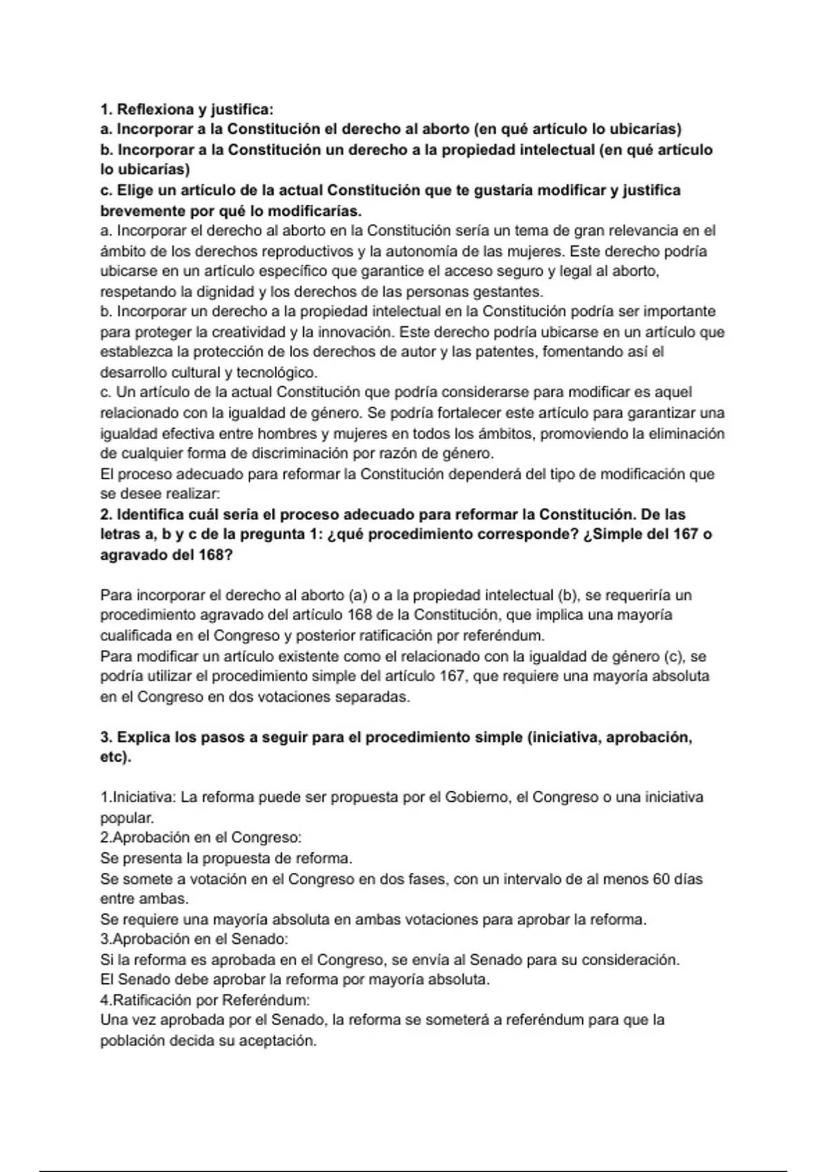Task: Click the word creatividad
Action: pyautogui.click(x=249, y=332)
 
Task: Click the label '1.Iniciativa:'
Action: pyautogui.click(x=139, y=798)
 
